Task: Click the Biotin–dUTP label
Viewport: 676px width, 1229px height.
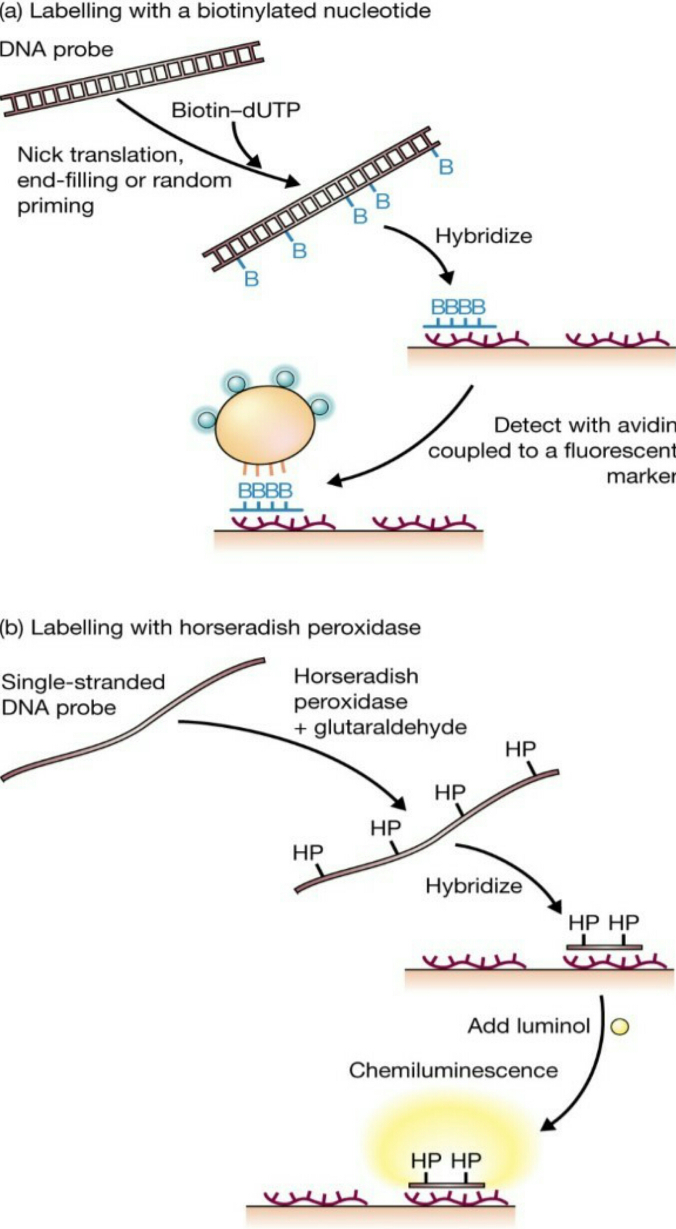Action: pos(235,110)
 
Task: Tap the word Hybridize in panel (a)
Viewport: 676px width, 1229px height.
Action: pos(483,236)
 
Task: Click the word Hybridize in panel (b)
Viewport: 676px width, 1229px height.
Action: pos(473,885)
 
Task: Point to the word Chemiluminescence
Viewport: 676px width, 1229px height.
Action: pos(453,1070)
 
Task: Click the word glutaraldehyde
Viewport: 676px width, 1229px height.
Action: pos(390,727)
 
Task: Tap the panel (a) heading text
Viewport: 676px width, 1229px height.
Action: pos(215,11)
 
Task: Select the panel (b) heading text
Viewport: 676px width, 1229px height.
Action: pos(210,627)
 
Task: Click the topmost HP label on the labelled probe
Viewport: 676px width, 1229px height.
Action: pos(520,749)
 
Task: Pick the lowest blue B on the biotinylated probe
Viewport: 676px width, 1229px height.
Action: pos(251,278)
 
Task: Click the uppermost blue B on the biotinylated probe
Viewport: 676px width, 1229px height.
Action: pos(446,167)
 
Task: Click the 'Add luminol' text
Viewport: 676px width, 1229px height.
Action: pos(529,1026)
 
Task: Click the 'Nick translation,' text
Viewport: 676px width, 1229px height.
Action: pos(100,155)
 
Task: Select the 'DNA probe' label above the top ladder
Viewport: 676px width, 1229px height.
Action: pos(56,49)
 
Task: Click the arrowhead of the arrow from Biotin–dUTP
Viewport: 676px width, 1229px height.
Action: pos(255,162)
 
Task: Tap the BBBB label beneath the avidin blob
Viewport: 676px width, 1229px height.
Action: pos(265,490)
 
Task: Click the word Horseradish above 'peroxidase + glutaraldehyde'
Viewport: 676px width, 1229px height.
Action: pos(356,676)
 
